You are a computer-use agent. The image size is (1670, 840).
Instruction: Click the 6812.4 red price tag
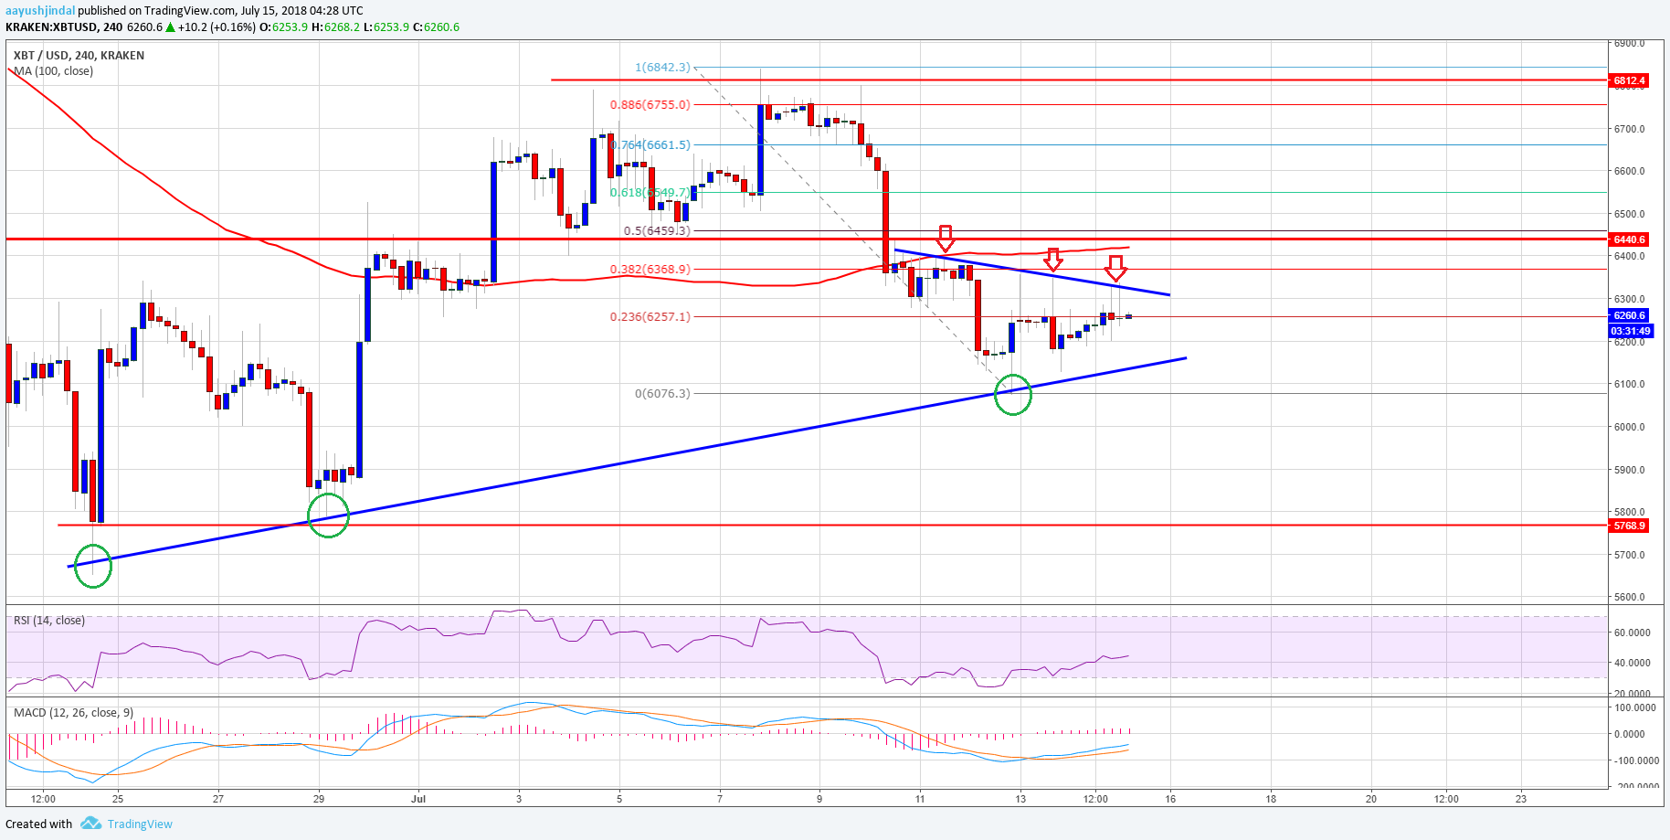click(1629, 80)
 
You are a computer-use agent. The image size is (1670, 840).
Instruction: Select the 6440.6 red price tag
click(1629, 239)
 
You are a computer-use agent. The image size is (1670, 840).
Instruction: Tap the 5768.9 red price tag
click(1629, 526)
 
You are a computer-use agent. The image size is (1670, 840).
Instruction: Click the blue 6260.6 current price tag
click(1629, 315)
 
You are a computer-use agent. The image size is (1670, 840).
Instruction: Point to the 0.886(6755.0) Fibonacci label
click(650, 104)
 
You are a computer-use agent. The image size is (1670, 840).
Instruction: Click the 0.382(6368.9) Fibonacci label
click(650, 269)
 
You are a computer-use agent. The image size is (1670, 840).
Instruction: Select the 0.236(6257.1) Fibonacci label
click(650, 316)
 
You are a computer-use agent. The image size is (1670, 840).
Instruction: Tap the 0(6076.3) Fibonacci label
click(662, 393)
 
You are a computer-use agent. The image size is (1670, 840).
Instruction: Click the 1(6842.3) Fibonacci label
click(663, 67)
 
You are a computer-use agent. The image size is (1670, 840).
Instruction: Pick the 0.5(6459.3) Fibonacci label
click(657, 230)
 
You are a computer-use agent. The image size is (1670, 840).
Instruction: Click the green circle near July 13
click(1012, 395)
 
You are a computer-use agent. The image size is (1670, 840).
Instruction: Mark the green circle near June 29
click(329, 516)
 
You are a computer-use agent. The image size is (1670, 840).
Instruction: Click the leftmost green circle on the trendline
click(92, 566)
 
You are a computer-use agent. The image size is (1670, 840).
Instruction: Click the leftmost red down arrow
click(946, 239)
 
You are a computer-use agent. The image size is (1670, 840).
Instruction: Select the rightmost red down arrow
click(1115, 268)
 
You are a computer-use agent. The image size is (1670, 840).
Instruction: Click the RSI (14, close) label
click(49, 620)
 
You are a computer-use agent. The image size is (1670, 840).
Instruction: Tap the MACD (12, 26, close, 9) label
click(74, 712)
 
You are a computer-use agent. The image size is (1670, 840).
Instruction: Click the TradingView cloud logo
click(90, 824)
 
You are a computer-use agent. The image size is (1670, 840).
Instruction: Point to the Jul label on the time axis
click(418, 798)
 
